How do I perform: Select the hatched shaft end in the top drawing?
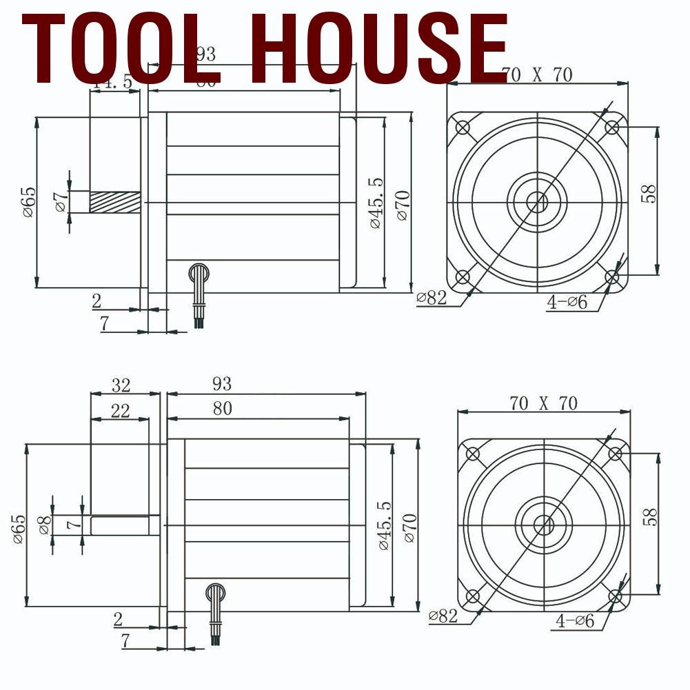pos(114,202)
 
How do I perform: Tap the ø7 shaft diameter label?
pos(61,201)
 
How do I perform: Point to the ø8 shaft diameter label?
pos(44,525)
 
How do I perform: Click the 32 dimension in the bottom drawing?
pos(121,384)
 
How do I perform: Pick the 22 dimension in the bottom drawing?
pos(120,411)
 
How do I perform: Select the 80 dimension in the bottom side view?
pos(222,408)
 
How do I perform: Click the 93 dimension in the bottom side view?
pos(222,383)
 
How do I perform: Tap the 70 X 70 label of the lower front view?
pos(544,403)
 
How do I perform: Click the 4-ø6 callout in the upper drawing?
pos(567,301)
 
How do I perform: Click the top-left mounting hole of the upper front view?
pos(463,128)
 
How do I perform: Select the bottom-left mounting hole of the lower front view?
pos(473,596)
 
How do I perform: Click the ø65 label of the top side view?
pos(28,202)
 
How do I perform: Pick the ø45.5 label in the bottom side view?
pos(384,525)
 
